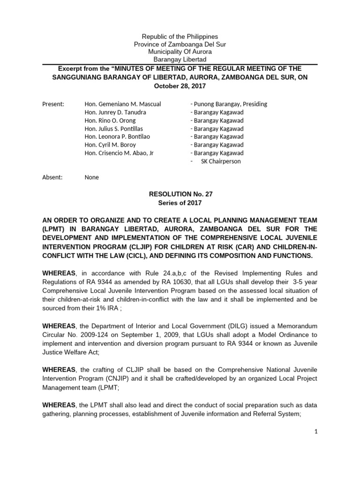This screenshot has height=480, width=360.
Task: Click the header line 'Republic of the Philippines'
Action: click(180, 36)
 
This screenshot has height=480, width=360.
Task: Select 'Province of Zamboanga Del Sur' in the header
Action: click(180, 44)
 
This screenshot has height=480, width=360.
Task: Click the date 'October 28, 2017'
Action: click(180, 86)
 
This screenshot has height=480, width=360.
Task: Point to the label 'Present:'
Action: click(53, 104)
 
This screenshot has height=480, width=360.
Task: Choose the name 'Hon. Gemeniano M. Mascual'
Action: click(123, 104)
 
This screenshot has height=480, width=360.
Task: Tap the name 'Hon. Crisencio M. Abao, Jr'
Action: click(122, 153)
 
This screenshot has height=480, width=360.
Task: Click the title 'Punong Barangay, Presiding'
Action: click(229, 104)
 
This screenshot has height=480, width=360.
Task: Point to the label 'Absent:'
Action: click(52, 178)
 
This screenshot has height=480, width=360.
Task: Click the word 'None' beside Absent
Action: click(91, 178)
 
